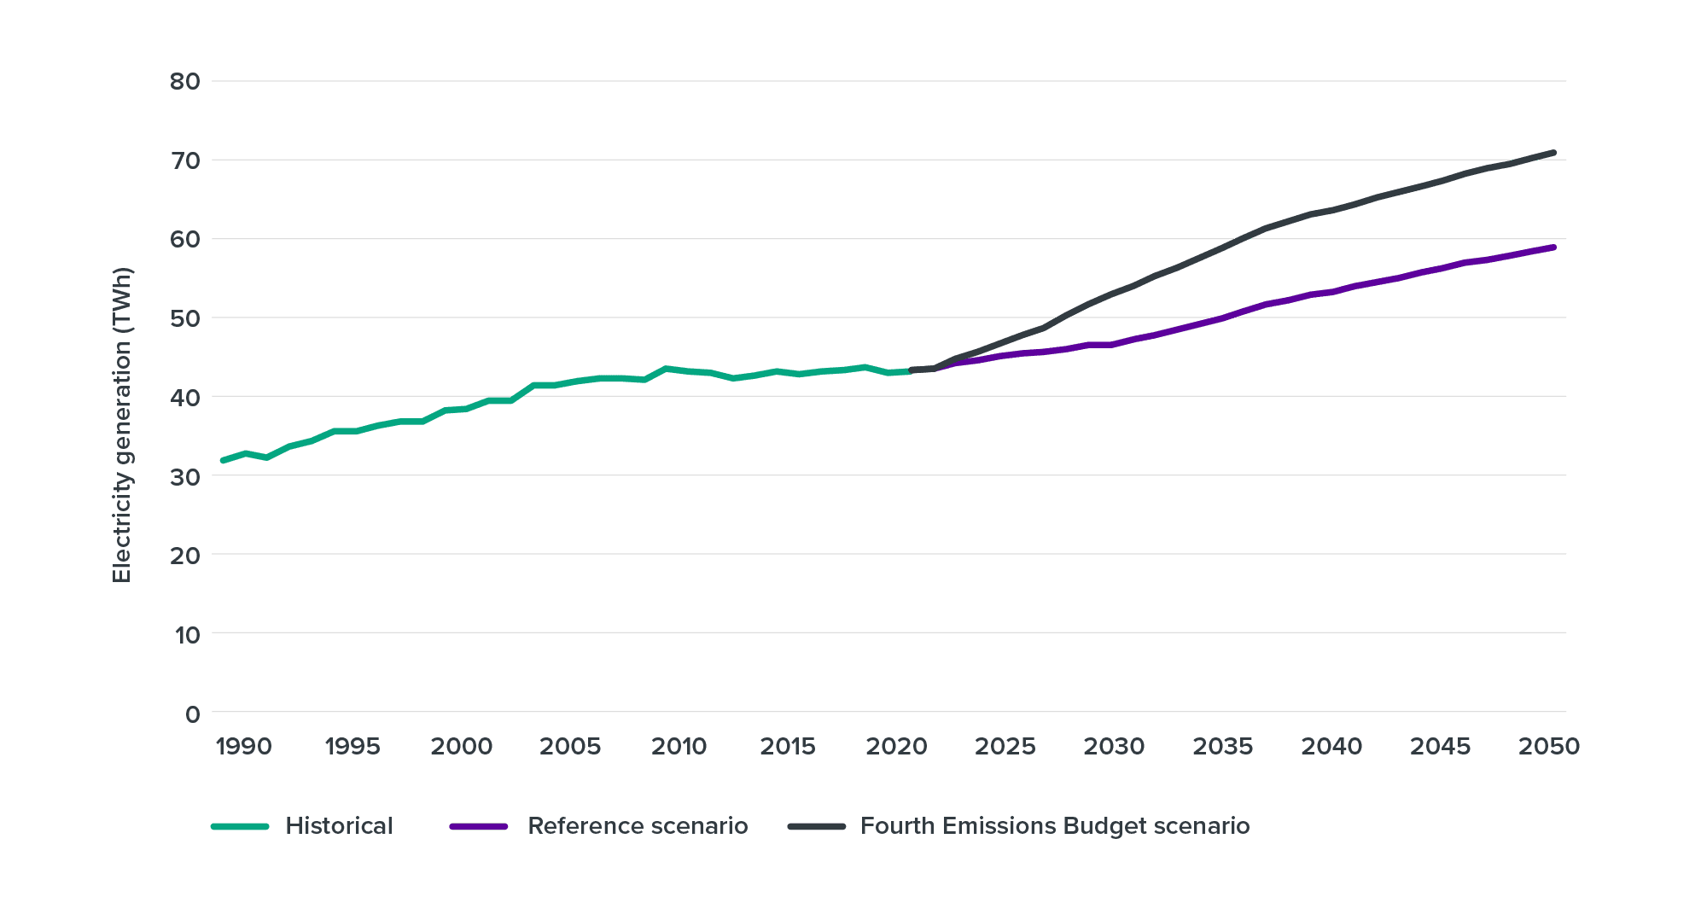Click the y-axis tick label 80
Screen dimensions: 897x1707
point(184,82)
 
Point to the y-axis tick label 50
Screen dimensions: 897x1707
point(184,318)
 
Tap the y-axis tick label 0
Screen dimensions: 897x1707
point(192,714)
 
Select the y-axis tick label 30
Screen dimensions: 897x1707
point(184,476)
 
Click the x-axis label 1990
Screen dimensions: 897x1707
point(243,747)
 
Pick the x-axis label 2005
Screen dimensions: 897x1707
point(570,747)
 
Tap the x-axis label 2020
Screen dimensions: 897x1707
point(896,747)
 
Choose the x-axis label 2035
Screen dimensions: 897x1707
point(1222,747)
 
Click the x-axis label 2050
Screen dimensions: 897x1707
point(1549,747)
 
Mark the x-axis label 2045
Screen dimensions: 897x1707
point(1440,747)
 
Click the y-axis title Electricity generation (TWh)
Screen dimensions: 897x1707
point(123,426)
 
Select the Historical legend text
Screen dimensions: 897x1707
point(339,826)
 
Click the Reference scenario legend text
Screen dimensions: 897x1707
point(638,826)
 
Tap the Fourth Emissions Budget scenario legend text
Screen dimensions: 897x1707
point(1055,826)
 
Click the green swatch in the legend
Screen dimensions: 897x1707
point(241,826)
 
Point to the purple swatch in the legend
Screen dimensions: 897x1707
point(479,826)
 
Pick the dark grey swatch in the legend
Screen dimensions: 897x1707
point(816,826)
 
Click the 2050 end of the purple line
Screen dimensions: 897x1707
point(1553,248)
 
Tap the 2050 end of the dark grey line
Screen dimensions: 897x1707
point(1553,153)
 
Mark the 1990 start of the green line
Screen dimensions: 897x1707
point(224,460)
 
